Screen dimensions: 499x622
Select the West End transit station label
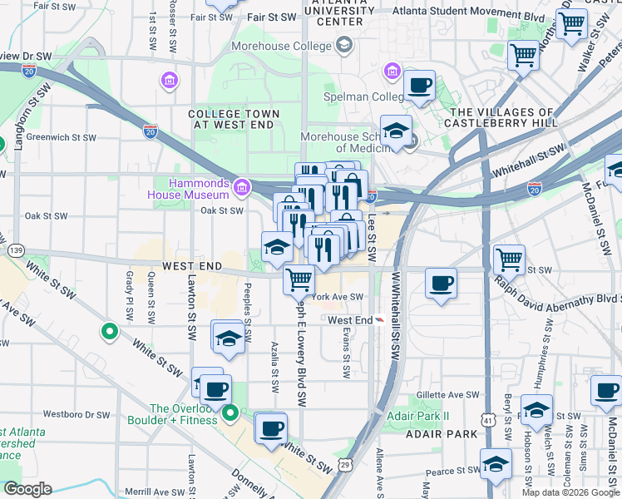pyautogui.click(x=350, y=320)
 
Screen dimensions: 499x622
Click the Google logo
pyautogui.click(x=27, y=489)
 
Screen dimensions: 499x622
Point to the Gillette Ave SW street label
pyautogui.click(x=449, y=395)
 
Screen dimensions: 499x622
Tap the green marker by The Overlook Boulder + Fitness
pyautogui.click(x=231, y=412)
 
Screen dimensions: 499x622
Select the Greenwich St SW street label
pyautogui.click(x=61, y=137)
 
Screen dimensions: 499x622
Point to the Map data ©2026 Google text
pyautogui.click(x=570, y=492)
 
